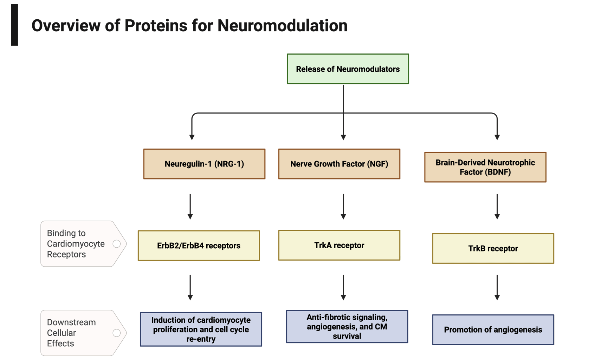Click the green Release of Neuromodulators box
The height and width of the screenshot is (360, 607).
pos(348,69)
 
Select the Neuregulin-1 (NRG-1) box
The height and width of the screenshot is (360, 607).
pos(204,164)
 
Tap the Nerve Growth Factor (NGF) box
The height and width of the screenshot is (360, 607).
pos(339,164)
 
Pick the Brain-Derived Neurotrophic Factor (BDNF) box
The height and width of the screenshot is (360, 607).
pos(485,167)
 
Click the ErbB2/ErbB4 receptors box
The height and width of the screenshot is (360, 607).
pos(199,246)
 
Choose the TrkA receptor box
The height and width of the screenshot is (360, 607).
pos(339,245)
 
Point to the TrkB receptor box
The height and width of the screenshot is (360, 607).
pos(493,248)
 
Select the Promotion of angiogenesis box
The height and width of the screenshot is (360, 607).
pos(493,330)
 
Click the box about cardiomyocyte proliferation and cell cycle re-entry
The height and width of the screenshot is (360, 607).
pos(201,329)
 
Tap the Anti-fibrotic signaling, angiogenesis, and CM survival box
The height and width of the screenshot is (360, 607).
pos(347,327)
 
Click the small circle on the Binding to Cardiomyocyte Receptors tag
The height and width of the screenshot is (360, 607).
pos(117,244)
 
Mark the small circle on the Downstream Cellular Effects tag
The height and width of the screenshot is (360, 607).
pos(117,333)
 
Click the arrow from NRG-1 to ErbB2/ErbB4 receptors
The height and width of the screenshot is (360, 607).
pos(190,207)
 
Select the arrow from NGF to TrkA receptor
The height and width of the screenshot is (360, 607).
pos(343,207)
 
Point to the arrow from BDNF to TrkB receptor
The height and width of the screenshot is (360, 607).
pos(497,207)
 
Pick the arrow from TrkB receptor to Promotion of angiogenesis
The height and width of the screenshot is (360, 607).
pos(497,288)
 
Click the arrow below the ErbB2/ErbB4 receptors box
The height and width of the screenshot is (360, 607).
pos(190,288)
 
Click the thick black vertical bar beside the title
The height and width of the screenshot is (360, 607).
pos(14,25)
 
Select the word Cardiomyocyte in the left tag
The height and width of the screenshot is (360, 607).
pos(76,244)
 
